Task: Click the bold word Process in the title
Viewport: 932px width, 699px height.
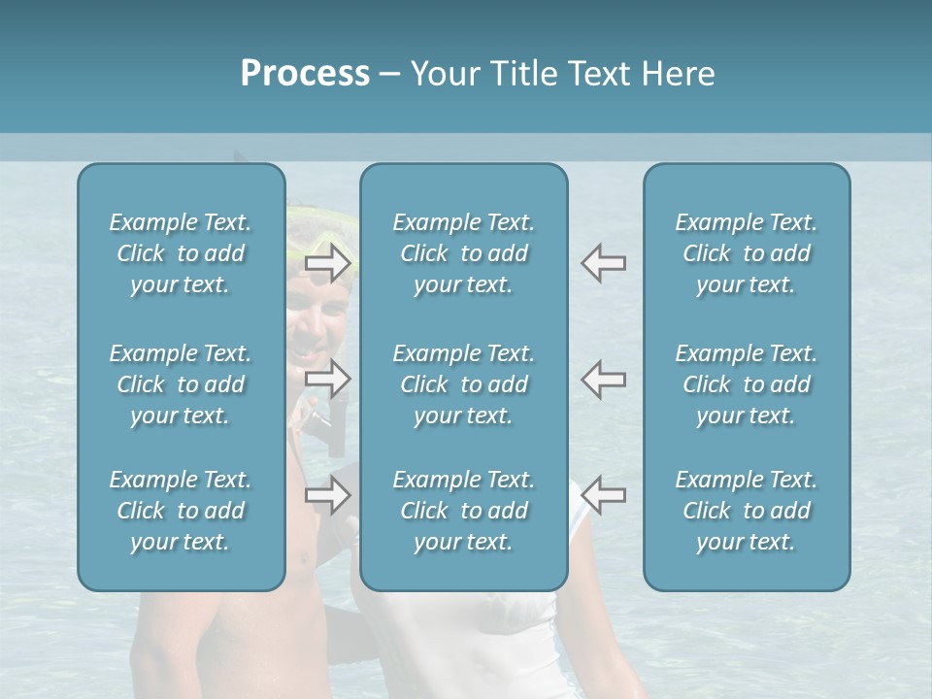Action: [x=305, y=73]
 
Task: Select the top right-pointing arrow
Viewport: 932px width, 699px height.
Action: [x=327, y=262]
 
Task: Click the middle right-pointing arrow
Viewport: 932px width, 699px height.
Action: [x=327, y=379]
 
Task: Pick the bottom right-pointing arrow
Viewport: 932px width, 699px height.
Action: [x=327, y=495]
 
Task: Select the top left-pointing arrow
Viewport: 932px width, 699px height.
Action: [x=603, y=262]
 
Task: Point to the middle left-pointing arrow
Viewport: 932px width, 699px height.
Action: [x=603, y=379]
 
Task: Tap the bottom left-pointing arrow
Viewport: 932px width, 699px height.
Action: [x=603, y=495]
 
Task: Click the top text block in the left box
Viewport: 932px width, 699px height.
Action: [x=181, y=253]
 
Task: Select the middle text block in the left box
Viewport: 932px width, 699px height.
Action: [x=181, y=384]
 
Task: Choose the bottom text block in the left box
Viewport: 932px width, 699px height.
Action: [x=181, y=511]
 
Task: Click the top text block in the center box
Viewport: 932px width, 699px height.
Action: [x=464, y=253]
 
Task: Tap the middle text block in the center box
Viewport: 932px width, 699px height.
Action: [x=464, y=384]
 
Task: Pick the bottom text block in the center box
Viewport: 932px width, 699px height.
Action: [x=464, y=511]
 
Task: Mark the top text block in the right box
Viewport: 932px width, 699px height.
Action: [x=747, y=253]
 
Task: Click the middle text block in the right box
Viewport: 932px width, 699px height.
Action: [x=747, y=384]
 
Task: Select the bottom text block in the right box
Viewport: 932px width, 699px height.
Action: [x=747, y=511]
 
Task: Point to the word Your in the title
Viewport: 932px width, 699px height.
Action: [x=442, y=74]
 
